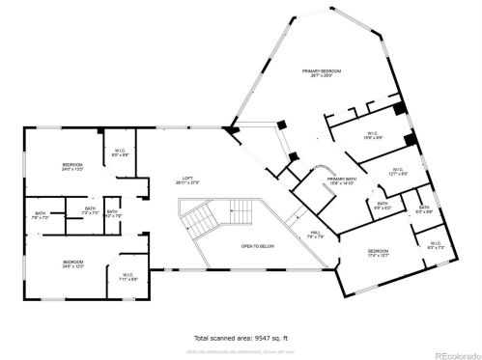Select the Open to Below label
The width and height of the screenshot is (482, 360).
[x=259, y=246]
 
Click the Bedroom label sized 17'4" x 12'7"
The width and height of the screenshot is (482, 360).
[x=377, y=254]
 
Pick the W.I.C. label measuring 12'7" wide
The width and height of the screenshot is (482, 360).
[x=397, y=173]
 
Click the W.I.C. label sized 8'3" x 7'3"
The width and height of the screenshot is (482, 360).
[x=435, y=246]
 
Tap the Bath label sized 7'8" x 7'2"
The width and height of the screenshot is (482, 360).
[x=41, y=215]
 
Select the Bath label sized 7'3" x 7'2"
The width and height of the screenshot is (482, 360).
[x=89, y=209]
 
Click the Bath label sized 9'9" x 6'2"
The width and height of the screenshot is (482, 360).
[x=383, y=206]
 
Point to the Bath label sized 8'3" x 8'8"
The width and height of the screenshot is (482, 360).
[x=423, y=209]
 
